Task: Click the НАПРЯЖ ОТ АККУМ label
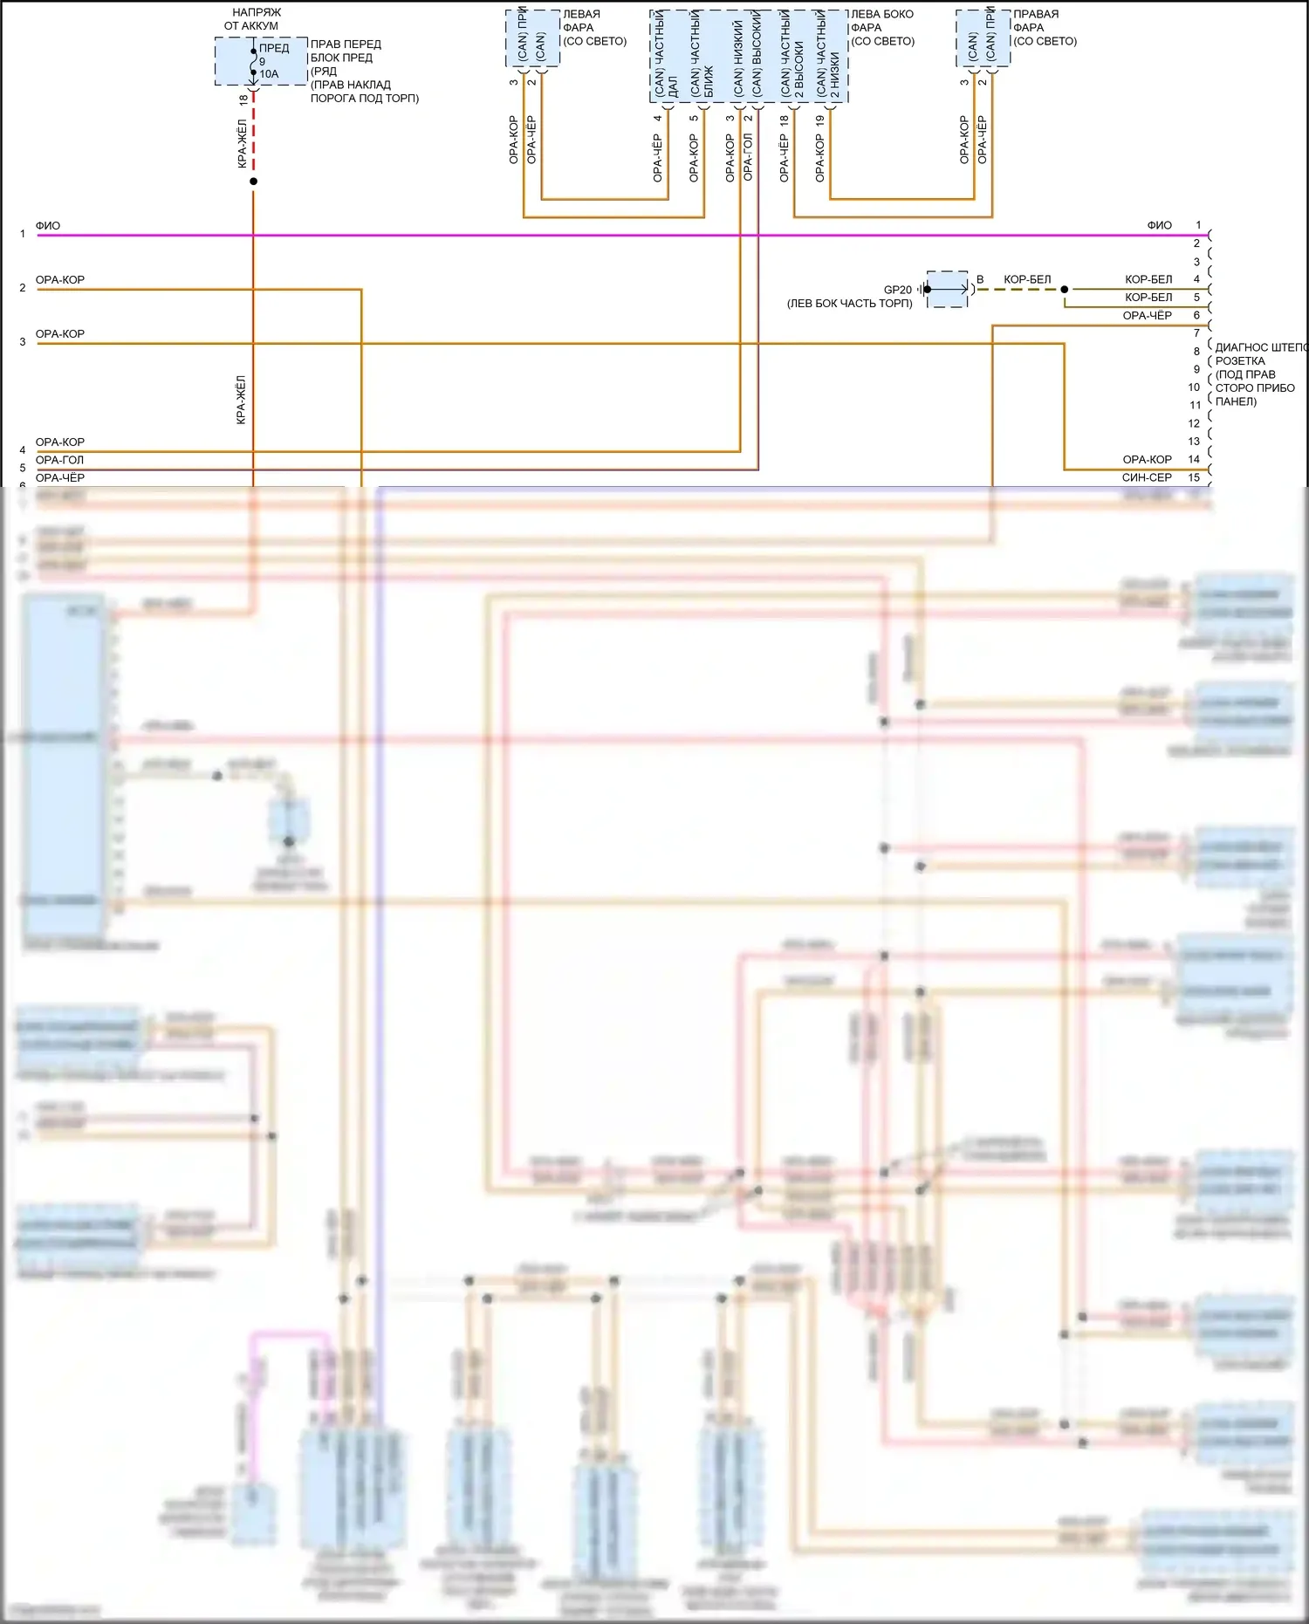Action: click(x=252, y=19)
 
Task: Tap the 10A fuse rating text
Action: click(x=269, y=74)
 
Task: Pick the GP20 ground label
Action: click(x=897, y=290)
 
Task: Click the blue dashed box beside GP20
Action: click(x=948, y=289)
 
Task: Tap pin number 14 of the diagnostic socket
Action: click(x=1194, y=459)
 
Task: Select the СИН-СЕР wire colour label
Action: click(x=1147, y=477)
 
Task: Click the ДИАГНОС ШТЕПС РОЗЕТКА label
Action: click(x=1257, y=354)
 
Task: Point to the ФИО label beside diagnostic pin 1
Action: click(x=1159, y=225)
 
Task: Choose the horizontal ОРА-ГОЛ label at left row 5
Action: click(x=59, y=460)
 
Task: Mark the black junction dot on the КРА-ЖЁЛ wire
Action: click(x=253, y=182)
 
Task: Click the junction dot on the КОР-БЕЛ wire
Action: click(x=1065, y=289)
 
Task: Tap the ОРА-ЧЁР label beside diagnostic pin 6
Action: click(x=1147, y=315)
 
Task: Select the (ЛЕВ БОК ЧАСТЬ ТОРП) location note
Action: click(x=849, y=304)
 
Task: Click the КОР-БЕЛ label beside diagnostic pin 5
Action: click(x=1148, y=297)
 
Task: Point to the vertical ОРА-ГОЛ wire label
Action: click(x=748, y=157)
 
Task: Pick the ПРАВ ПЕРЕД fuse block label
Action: click(x=346, y=44)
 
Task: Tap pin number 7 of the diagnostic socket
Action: click(x=1196, y=333)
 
